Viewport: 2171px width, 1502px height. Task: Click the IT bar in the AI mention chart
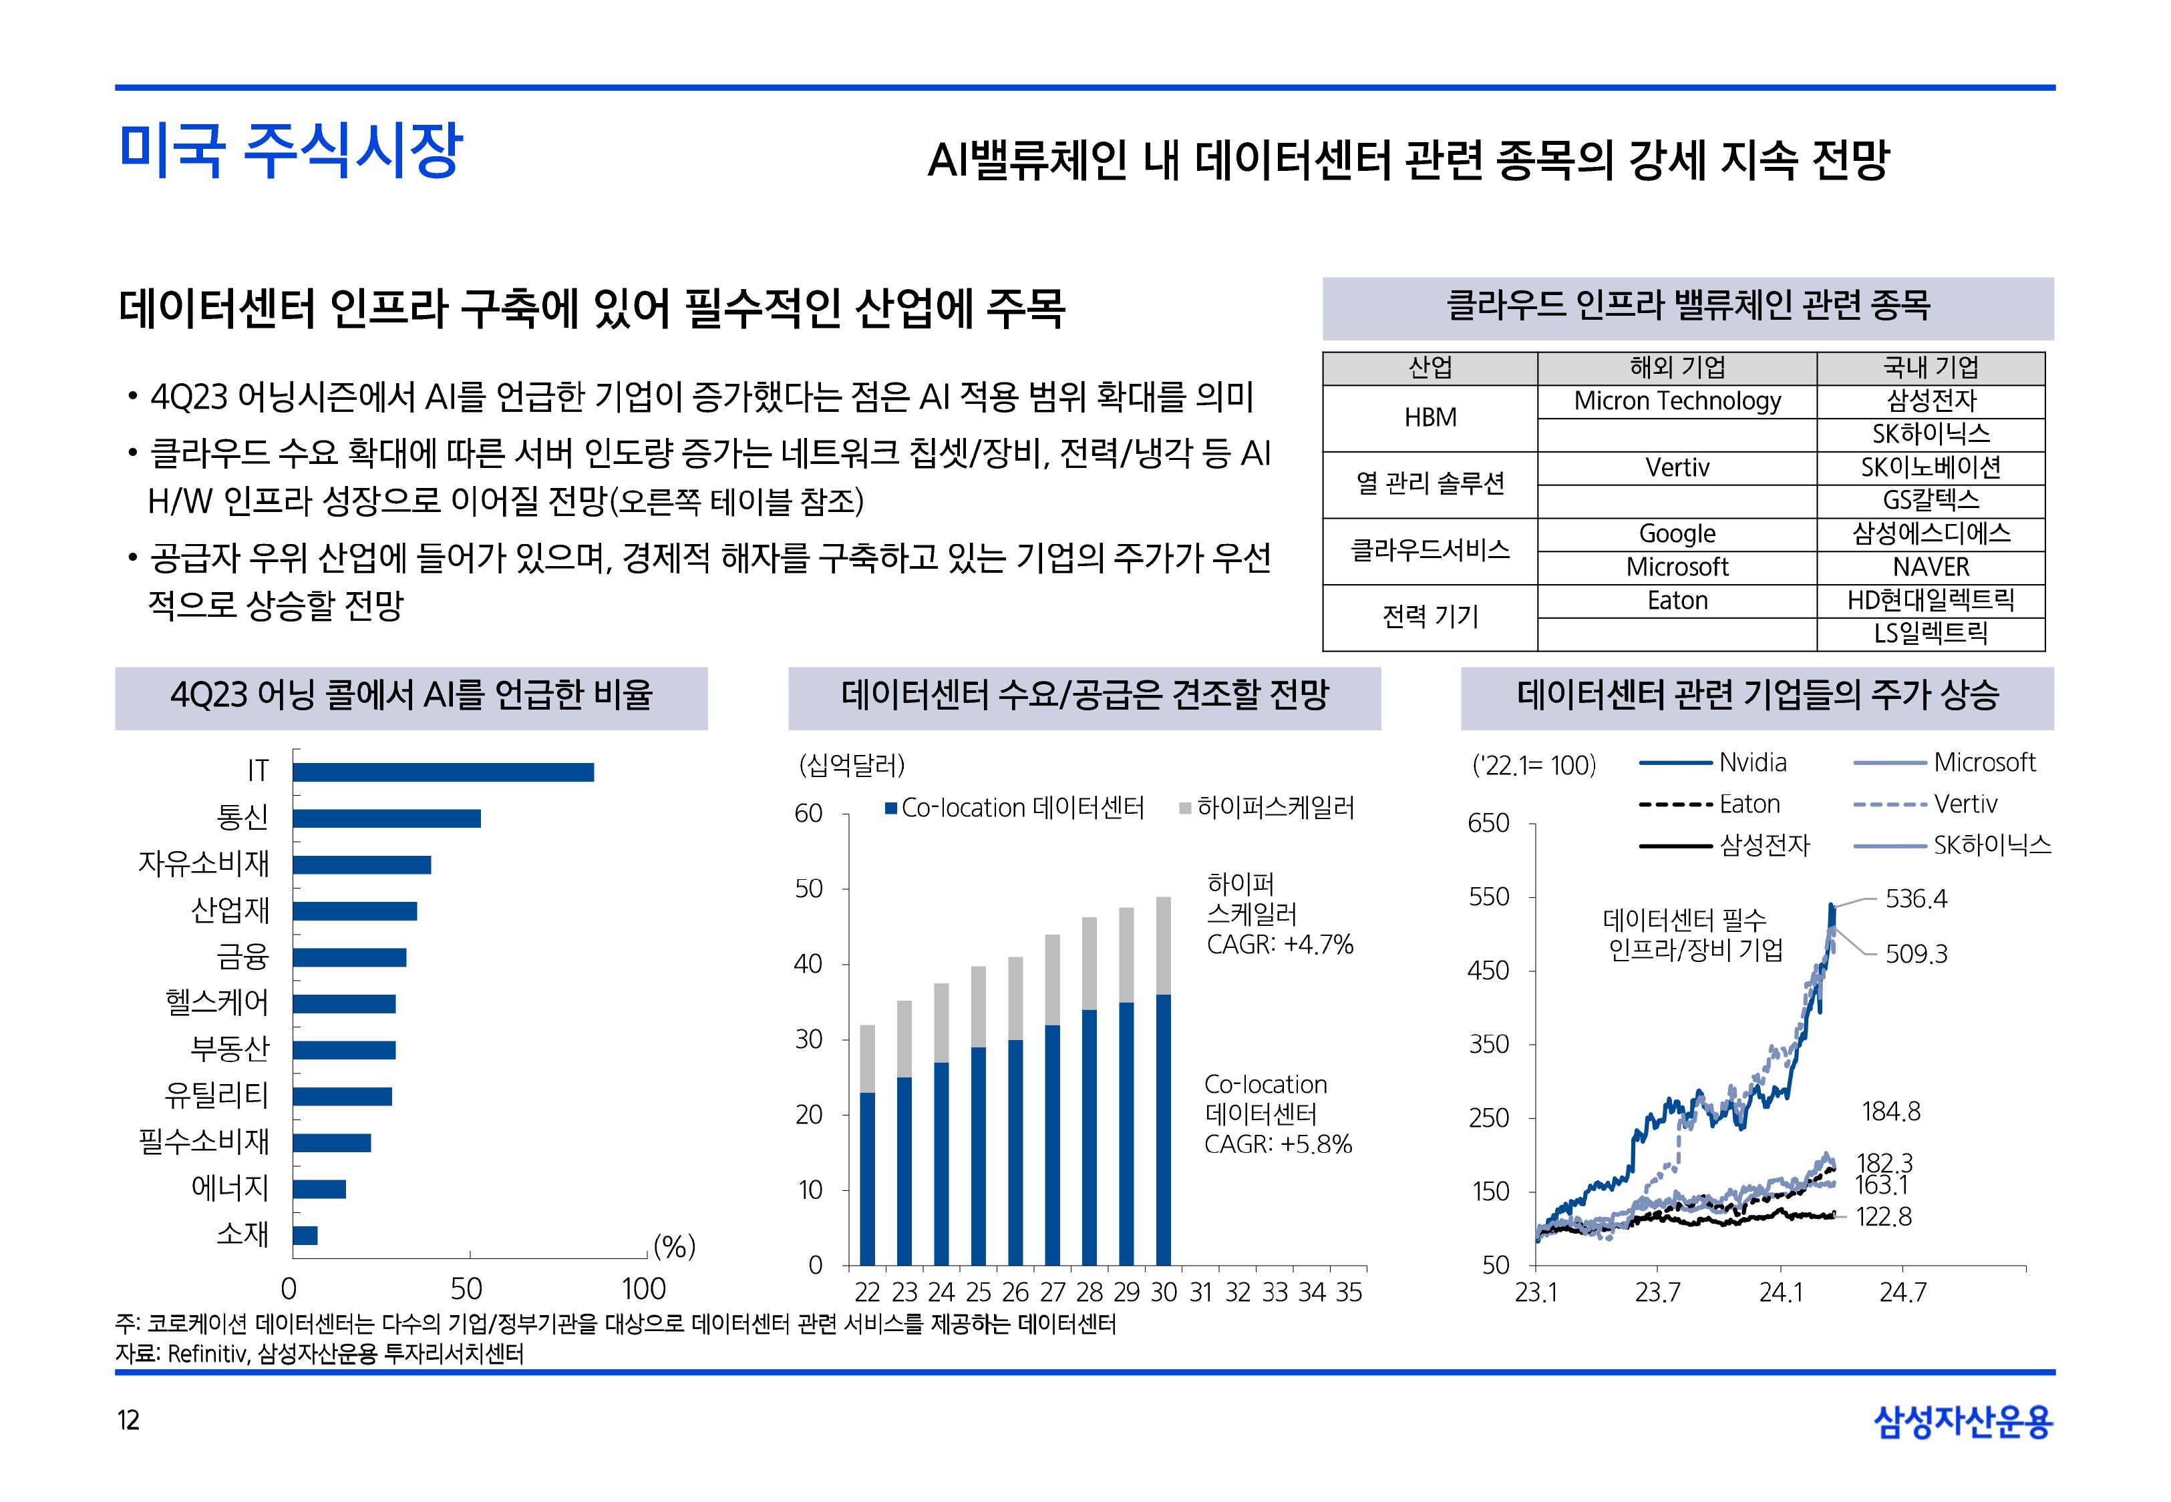[x=442, y=772]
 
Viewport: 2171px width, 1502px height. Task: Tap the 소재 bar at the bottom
[x=305, y=1236]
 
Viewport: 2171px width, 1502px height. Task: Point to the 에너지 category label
[x=230, y=1188]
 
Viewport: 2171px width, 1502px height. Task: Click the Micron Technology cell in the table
[x=1677, y=402]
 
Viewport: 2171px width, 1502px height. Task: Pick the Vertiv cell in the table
[x=1677, y=468]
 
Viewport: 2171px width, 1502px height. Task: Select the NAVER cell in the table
[x=1930, y=567]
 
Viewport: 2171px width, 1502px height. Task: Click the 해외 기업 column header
[x=1677, y=368]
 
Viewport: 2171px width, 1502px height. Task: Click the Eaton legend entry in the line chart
[x=1748, y=804]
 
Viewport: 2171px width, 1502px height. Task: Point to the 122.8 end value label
[x=1884, y=1217]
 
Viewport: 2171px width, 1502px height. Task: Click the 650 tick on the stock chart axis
[x=1488, y=824]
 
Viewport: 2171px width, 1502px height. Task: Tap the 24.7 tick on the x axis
[x=1902, y=1293]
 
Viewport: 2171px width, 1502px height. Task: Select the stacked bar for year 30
[x=1164, y=1082]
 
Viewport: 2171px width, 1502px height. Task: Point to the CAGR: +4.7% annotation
[x=1279, y=945]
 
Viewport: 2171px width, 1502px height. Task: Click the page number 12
[x=128, y=1420]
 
